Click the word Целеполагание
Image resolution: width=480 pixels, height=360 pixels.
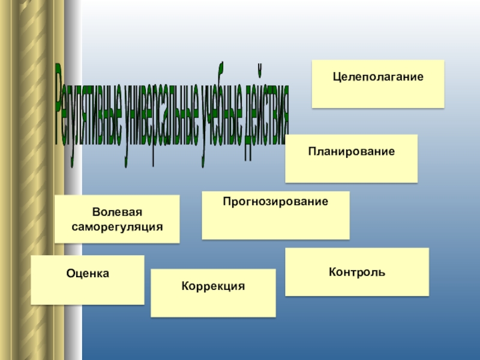tap(378, 77)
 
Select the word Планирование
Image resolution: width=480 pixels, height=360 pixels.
tap(352, 152)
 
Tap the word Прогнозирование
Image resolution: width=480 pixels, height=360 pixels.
tap(275, 202)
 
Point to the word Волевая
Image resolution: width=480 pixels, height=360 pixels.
tap(117, 214)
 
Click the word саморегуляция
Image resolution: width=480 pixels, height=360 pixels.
tap(117, 227)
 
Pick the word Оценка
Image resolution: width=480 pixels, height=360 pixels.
tap(88, 274)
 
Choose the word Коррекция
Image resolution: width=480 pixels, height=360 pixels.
tap(213, 287)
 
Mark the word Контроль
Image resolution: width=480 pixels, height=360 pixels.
tap(357, 272)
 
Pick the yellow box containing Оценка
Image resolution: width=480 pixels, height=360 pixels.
tap(88, 291)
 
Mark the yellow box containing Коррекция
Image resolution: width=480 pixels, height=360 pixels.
tap(213, 304)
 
